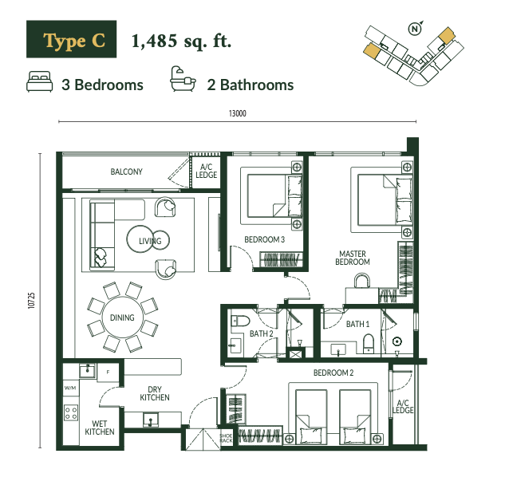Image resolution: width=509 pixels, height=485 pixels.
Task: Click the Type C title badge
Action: [72, 39]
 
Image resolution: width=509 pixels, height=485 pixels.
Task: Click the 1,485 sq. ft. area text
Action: [181, 41]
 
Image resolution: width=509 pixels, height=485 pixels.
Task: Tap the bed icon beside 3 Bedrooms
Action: [40, 81]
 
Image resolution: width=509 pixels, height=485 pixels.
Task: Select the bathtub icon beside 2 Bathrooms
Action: [183, 79]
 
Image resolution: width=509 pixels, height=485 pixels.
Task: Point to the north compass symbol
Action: [415, 28]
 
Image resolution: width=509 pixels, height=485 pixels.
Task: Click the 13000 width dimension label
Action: [238, 113]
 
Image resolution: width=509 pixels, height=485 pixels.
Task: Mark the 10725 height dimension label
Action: [31, 301]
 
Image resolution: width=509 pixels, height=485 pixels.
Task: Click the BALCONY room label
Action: [127, 172]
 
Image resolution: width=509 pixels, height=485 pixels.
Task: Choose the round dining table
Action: [122, 317]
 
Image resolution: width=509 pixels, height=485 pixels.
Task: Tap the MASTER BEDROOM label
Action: [353, 258]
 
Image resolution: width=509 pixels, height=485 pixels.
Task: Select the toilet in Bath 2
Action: [240, 321]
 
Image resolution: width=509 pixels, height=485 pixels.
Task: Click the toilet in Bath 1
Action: [369, 344]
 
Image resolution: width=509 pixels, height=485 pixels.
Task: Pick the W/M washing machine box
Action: [70, 388]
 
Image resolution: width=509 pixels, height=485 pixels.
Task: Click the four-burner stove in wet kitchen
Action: [71, 412]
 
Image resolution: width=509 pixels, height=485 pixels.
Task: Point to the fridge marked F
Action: [108, 372]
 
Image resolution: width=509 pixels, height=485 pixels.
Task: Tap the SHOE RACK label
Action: [226, 438]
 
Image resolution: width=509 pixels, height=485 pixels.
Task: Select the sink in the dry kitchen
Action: [151, 420]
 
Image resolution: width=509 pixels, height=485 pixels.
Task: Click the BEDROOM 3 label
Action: [265, 239]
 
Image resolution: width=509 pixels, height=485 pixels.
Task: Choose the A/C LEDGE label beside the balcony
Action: [206, 171]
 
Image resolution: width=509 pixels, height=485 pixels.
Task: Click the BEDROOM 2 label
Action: [333, 373]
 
